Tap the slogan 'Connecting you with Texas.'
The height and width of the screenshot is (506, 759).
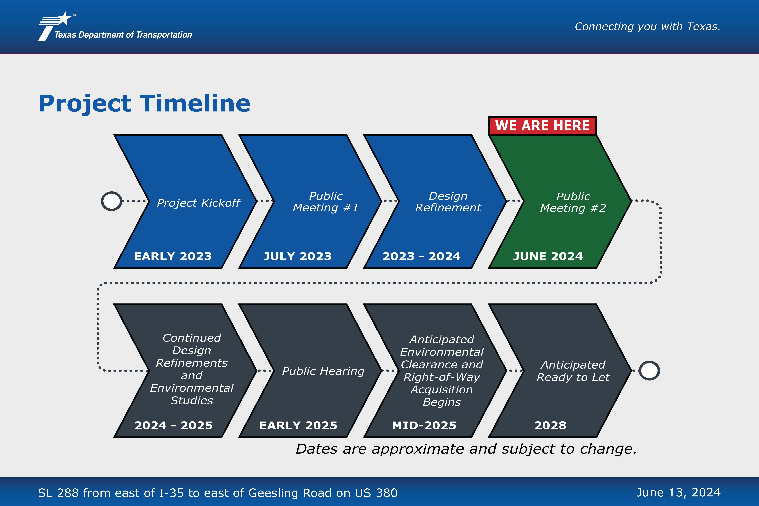[x=647, y=26]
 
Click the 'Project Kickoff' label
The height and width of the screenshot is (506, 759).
[x=198, y=203]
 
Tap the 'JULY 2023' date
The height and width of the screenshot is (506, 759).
[x=298, y=256]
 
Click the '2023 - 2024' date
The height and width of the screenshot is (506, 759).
[x=421, y=256]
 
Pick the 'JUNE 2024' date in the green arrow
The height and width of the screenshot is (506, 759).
[x=548, y=256]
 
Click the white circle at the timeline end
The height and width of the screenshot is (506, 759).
[x=649, y=371]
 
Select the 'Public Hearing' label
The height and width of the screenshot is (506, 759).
[x=323, y=371]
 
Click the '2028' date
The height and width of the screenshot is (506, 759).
[x=550, y=425]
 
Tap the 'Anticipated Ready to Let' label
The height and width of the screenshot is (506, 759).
[x=573, y=371]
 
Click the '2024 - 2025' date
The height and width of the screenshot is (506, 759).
[x=174, y=425]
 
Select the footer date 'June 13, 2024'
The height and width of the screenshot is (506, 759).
[x=678, y=493]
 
